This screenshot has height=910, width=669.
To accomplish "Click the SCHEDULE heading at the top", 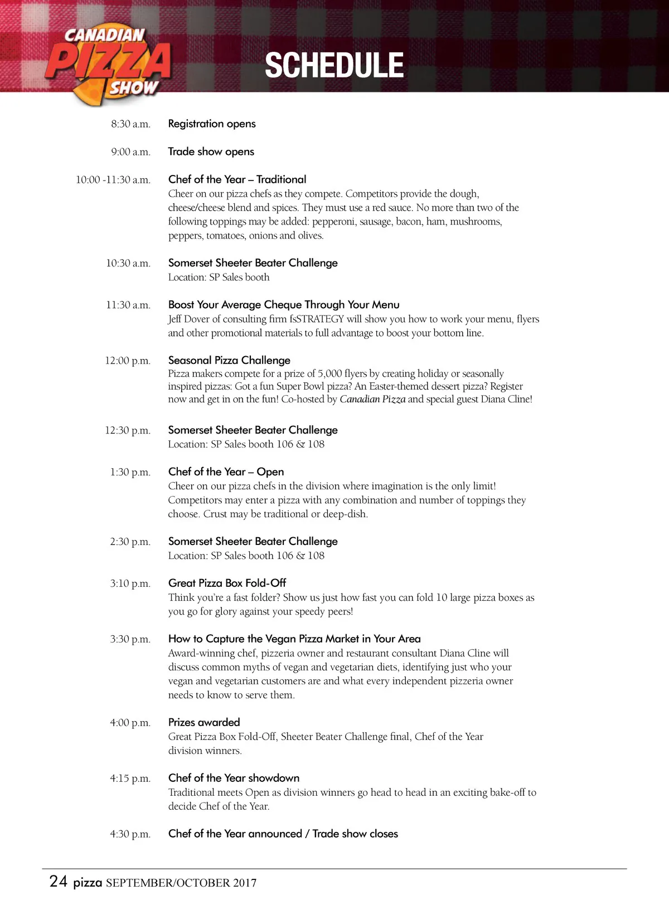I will point(334,65).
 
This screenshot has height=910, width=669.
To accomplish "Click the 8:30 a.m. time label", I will point(130,124).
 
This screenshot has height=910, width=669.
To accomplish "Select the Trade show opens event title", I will point(211,152).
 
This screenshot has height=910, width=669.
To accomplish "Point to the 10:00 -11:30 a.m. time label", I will point(113,179).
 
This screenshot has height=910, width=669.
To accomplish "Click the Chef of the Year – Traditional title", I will point(237,179).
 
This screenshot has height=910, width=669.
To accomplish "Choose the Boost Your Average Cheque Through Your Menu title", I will point(284,305).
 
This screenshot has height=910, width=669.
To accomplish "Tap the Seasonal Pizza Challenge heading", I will point(229,360).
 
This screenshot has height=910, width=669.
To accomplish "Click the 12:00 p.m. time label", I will point(128,361).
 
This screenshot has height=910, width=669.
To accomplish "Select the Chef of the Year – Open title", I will point(226,472).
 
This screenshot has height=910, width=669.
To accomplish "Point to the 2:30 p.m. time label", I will point(130,542).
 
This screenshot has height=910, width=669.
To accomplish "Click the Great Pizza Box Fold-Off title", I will point(227,583).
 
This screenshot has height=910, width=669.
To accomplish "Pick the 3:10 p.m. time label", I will point(130,583).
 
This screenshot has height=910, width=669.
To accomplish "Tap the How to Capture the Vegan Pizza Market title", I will point(294,639).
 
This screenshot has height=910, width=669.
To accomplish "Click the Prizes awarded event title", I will point(204,722).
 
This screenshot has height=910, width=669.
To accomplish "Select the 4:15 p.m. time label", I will point(130,778).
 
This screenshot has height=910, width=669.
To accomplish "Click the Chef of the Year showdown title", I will point(234,778).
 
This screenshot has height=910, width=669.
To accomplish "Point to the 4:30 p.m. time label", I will point(130,834).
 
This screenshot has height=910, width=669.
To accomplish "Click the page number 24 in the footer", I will point(59,881).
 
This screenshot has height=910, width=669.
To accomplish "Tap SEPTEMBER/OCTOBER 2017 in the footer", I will point(181,883).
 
